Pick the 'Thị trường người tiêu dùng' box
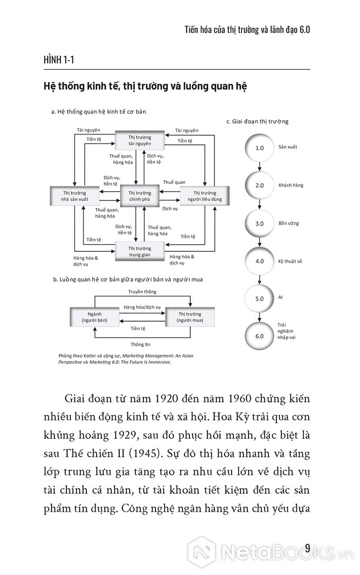tap(202, 196)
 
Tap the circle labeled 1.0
tap(259, 147)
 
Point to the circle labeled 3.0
tap(259, 224)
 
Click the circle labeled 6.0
tap(259, 336)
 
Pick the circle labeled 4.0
tap(259, 261)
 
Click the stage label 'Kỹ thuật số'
tap(290, 261)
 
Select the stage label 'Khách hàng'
tap(291, 185)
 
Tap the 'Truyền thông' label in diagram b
tap(142, 291)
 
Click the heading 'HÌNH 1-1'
tap(59, 61)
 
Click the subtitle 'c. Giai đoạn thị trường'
tap(257, 121)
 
